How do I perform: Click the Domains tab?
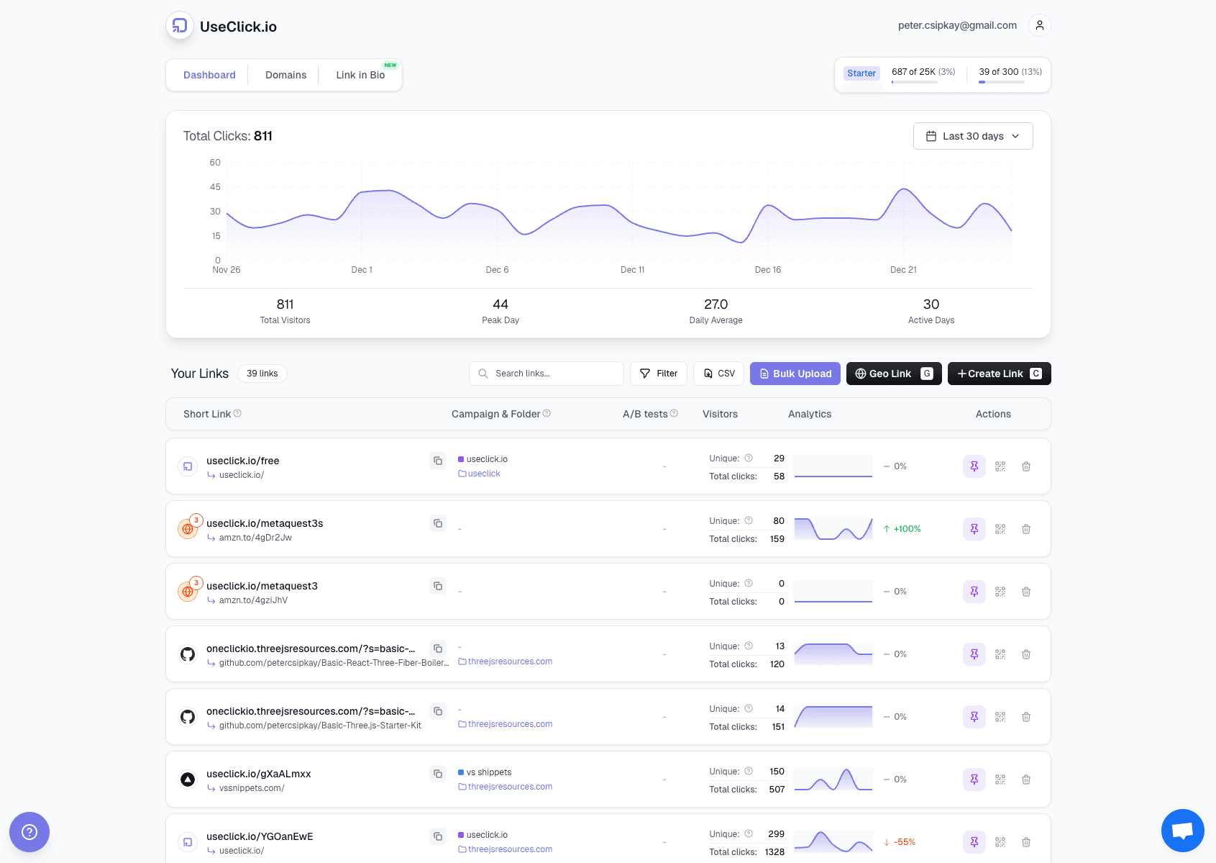coord(285,75)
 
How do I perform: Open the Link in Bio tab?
coord(360,75)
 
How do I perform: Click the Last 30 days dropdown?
coord(972,136)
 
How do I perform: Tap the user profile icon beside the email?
coord(1039,25)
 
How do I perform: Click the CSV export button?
coord(718,374)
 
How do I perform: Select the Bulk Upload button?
coord(795,374)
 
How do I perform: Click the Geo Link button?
coord(893,374)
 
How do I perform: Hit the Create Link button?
coord(999,374)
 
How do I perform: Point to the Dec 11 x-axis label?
coord(632,270)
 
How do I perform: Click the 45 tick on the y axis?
coord(215,187)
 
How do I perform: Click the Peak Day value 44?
coord(500,304)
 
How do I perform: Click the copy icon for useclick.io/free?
coord(438,461)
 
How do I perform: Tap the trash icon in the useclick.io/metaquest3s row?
coord(1026,529)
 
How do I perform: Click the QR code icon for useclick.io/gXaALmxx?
coord(1000,780)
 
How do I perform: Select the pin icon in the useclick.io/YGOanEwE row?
coord(974,842)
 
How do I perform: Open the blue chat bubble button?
coord(1182,830)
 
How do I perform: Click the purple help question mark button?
coord(29,832)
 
